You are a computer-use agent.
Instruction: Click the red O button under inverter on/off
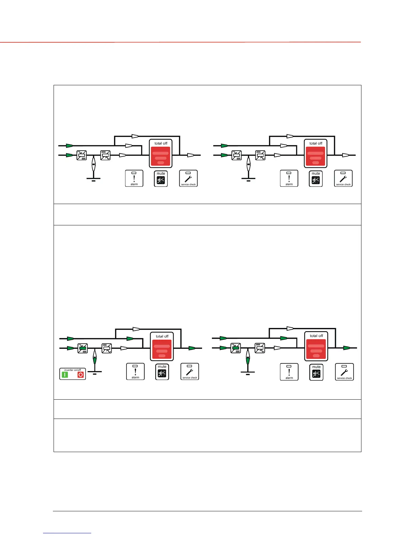pos(81,375)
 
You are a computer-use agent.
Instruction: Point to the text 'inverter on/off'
pos(73,370)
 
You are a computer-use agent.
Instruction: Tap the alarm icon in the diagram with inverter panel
pos(135,372)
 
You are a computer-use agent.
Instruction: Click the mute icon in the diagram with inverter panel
pos(162,374)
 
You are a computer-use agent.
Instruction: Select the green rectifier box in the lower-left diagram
pos(83,348)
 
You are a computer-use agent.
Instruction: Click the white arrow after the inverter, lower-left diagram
pos(124,348)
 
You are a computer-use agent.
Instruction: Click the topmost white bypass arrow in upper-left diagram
pos(135,136)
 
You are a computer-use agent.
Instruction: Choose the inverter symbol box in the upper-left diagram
pos(105,155)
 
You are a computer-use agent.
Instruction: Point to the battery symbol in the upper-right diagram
pos(249,166)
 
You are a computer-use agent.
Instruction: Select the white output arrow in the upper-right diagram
pos(345,155)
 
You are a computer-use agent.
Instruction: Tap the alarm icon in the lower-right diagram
pos(289,372)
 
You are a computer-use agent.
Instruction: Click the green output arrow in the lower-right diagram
pos(347,348)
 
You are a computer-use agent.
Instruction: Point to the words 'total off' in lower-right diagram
pos(316,336)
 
